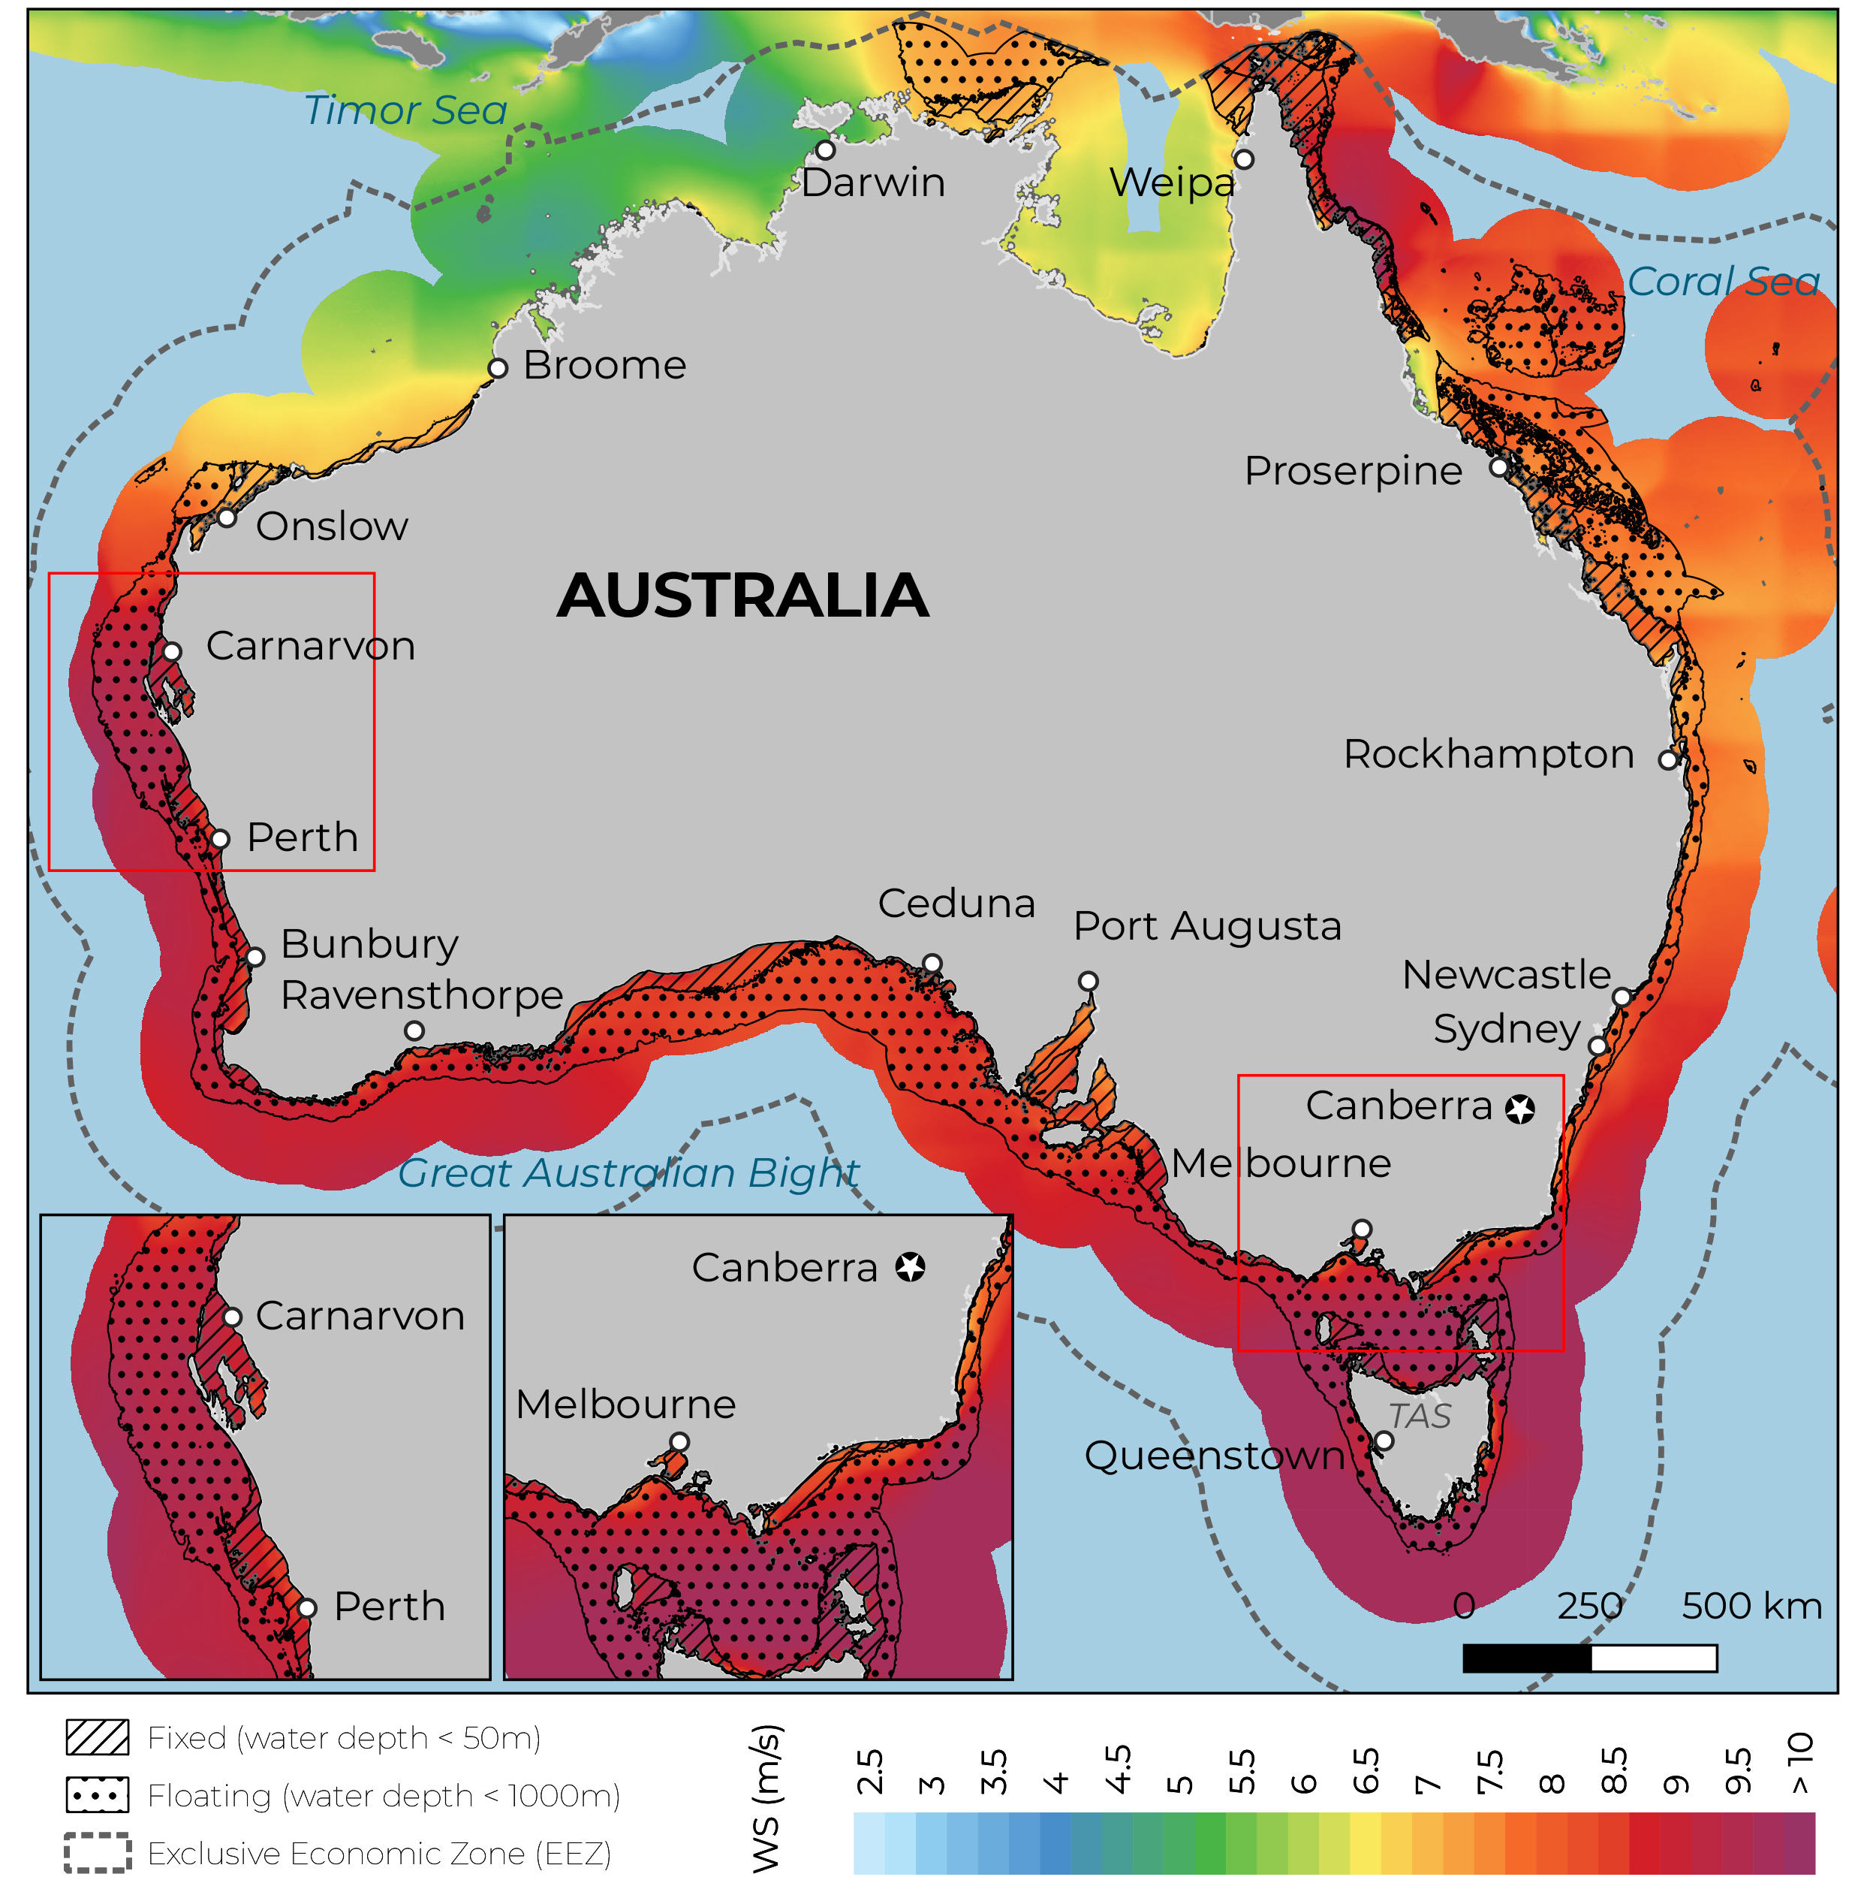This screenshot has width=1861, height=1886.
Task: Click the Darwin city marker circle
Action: point(826,150)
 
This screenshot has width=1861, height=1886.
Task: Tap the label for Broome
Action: point(604,365)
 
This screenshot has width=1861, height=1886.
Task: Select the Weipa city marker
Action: point(1243,159)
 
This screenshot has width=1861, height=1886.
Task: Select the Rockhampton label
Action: point(1488,755)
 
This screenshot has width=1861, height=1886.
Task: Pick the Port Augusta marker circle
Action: point(1088,981)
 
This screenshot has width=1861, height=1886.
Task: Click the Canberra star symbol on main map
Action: point(1519,1109)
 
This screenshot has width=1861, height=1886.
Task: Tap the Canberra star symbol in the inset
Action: point(911,1268)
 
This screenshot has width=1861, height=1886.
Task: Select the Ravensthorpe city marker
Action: point(414,1031)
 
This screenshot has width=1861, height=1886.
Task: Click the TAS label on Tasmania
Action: point(1419,1417)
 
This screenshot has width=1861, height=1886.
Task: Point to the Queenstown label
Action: point(1215,1456)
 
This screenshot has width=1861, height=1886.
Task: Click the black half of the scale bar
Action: point(1526,1658)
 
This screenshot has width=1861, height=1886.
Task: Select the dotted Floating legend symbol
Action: point(97,1795)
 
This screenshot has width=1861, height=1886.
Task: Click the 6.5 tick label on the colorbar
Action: point(1366,1772)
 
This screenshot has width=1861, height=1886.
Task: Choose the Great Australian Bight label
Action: point(628,1173)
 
